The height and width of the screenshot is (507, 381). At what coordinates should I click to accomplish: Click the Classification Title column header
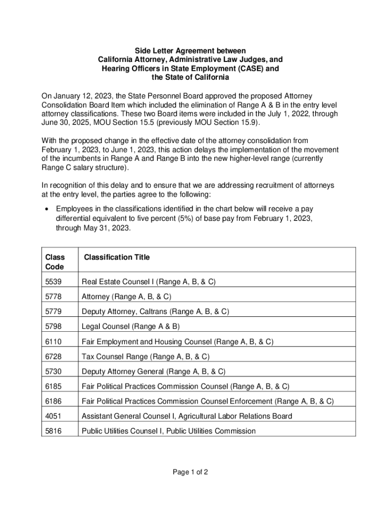click(117, 257)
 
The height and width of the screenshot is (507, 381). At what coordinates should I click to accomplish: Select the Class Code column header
click(54, 262)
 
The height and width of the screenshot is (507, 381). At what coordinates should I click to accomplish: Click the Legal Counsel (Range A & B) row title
click(131, 327)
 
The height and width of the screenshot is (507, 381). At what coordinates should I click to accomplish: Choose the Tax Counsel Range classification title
click(145, 356)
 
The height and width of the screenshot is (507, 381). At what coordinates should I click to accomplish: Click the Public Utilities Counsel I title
click(169, 431)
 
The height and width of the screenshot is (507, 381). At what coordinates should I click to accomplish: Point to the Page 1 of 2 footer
click(190, 472)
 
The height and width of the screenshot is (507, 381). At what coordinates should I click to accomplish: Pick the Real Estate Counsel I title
click(148, 282)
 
